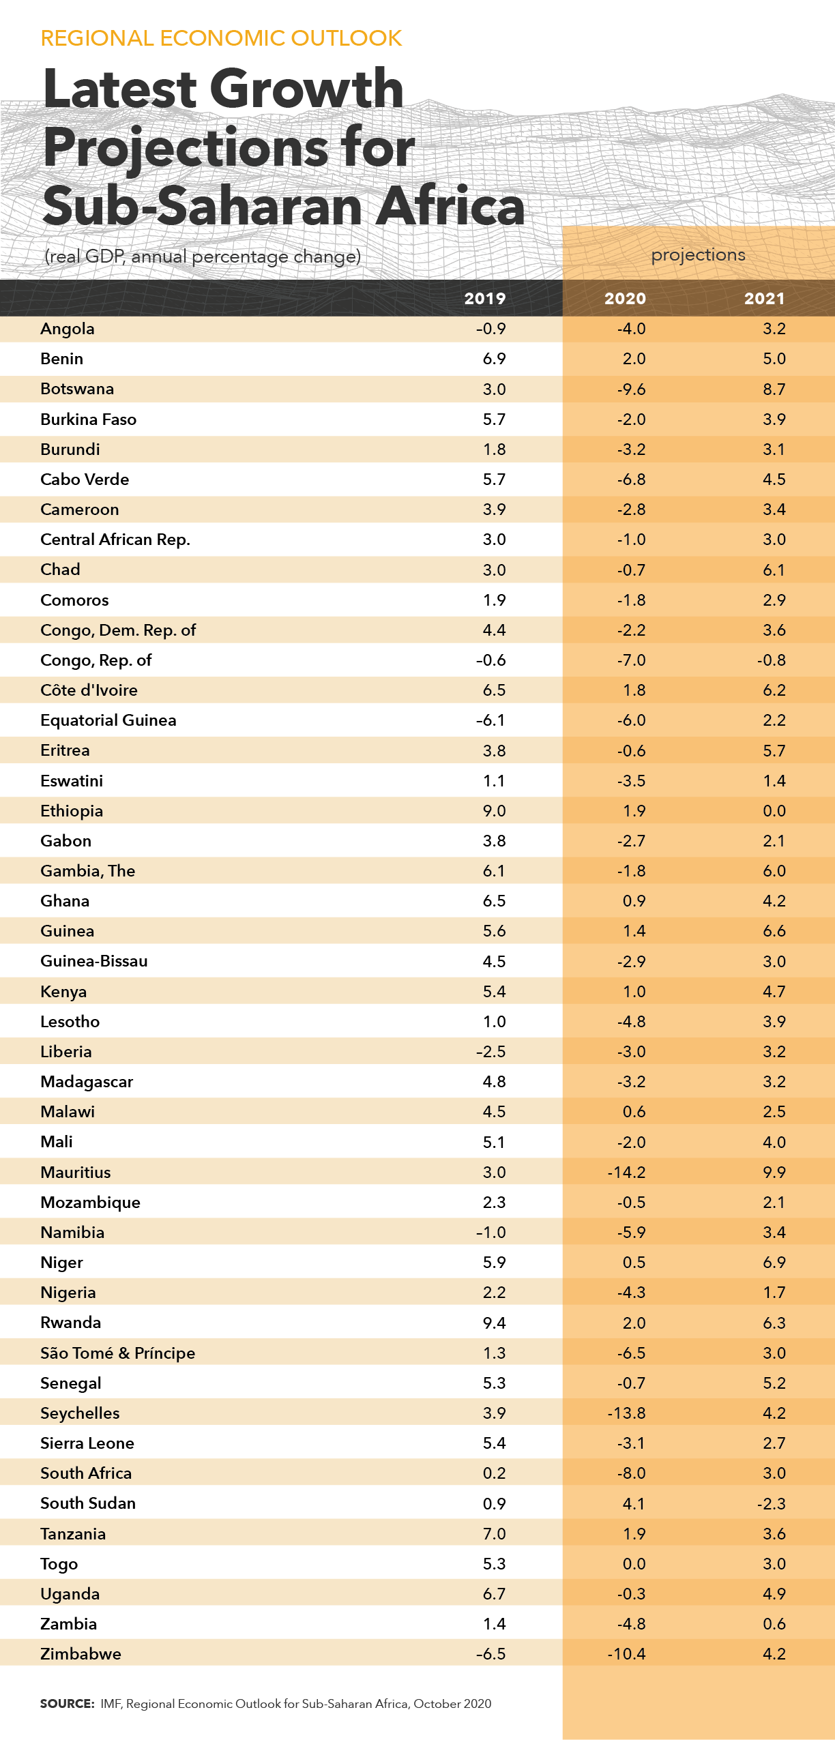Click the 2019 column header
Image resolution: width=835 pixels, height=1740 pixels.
pyautogui.click(x=485, y=299)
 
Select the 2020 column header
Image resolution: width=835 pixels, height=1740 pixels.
pyautogui.click(x=625, y=299)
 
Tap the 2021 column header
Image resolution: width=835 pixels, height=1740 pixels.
pyautogui.click(x=765, y=299)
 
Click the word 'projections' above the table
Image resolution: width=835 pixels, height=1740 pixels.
pyautogui.click(x=698, y=255)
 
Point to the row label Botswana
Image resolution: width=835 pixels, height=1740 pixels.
pyautogui.click(x=77, y=389)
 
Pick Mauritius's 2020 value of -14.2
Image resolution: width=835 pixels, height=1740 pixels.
pyautogui.click(x=626, y=1172)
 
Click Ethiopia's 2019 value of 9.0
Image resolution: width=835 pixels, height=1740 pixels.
pyautogui.click(x=494, y=810)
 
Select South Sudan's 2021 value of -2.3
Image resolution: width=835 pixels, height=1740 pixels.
pyautogui.click(x=772, y=1503)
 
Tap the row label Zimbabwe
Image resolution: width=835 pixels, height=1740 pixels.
pyautogui.click(x=80, y=1653)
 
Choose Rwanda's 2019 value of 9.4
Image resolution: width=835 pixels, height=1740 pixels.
pyautogui.click(x=494, y=1323)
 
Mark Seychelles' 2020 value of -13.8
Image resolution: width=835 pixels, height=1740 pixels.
pyautogui.click(x=626, y=1413)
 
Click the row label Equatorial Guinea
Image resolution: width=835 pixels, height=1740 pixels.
pyautogui.click(x=108, y=720)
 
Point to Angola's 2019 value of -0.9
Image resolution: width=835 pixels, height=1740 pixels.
pyautogui.click(x=491, y=329)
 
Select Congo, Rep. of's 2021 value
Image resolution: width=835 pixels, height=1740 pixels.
pyautogui.click(x=772, y=660)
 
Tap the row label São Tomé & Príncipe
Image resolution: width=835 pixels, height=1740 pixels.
pyautogui.click(x=118, y=1353)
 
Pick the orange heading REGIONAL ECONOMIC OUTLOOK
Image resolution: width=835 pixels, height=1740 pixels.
pyautogui.click(x=221, y=38)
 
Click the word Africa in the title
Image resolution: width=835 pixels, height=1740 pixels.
pyautogui.click(x=451, y=206)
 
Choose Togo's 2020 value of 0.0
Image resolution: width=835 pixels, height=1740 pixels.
pyautogui.click(x=634, y=1563)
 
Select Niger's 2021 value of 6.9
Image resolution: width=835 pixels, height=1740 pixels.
pyautogui.click(x=774, y=1262)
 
